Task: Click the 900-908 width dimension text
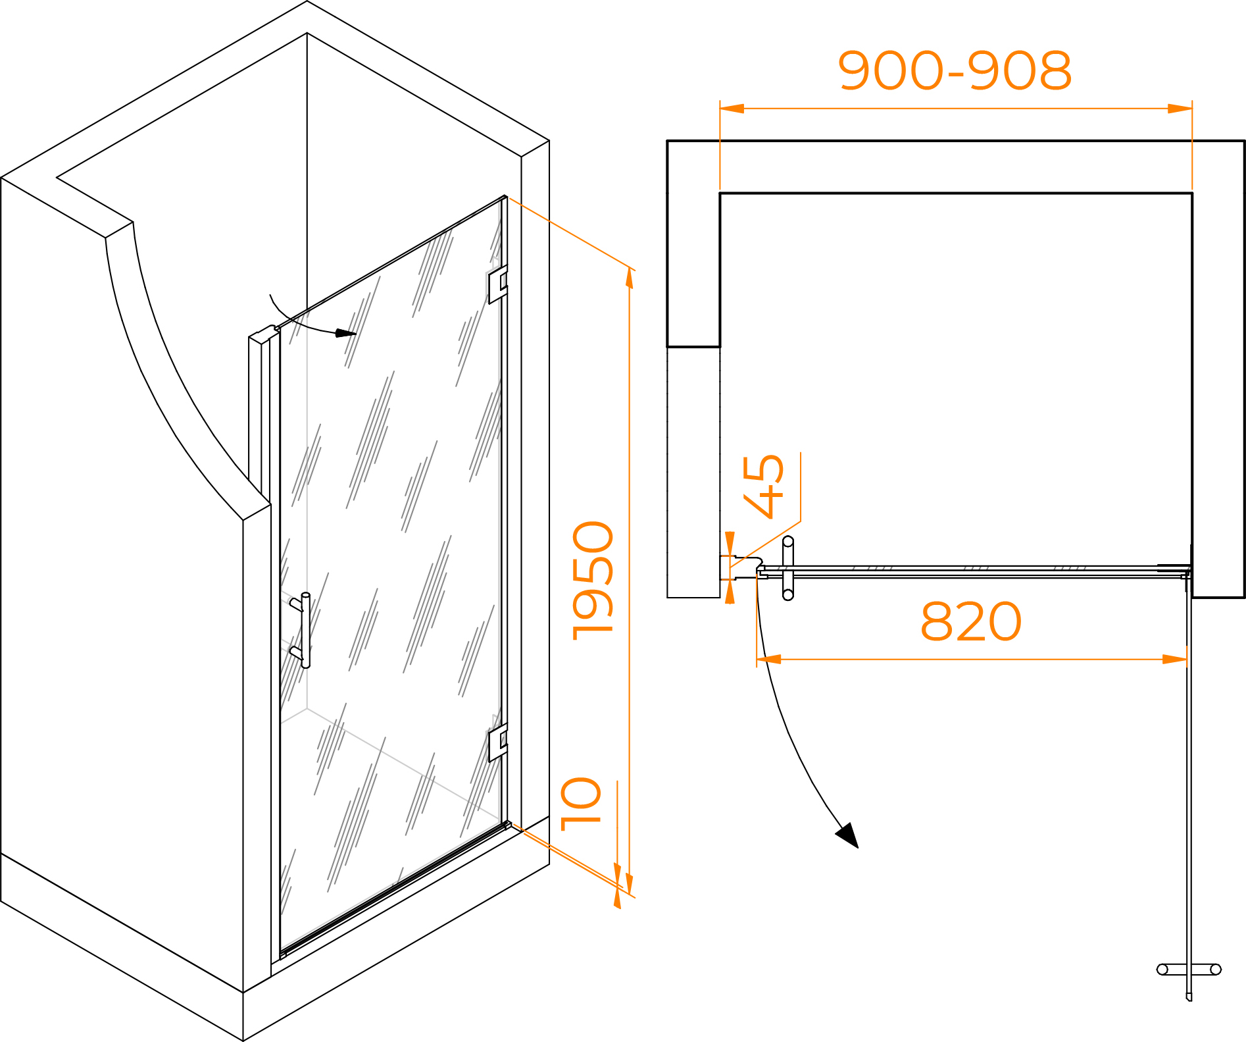[x=955, y=70]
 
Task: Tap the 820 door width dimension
[x=970, y=621]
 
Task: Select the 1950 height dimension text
[x=593, y=581]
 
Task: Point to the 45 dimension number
[x=764, y=486]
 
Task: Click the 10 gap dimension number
[x=582, y=804]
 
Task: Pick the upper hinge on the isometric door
[x=497, y=284]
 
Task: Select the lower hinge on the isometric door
[x=497, y=743]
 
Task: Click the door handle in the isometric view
[x=303, y=629]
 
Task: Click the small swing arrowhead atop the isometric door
[x=345, y=333]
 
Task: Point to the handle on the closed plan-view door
[x=788, y=568]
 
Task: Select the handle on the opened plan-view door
[x=1189, y=970]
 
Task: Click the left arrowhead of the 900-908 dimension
[x=732, y=109]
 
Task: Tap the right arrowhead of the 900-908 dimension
[x=1180, y=109]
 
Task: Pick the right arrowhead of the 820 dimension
[x=1175, y=659]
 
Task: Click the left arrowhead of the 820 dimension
[x=769, y=659]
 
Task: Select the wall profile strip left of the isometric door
[x=259, y=415]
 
